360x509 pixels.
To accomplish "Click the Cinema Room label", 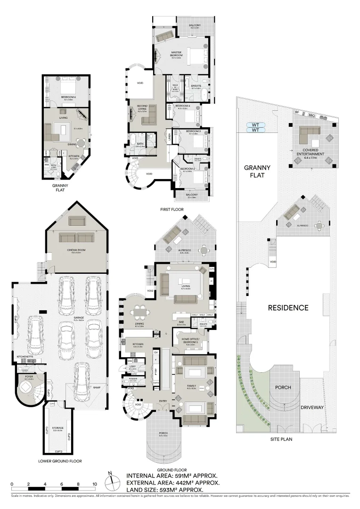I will (76, 250).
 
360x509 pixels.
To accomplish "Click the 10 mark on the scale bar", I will (95, 484).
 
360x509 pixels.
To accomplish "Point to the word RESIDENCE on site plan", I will (288, 308).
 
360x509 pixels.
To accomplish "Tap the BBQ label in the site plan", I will (311, 115).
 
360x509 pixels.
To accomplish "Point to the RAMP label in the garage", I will (97, 387).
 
